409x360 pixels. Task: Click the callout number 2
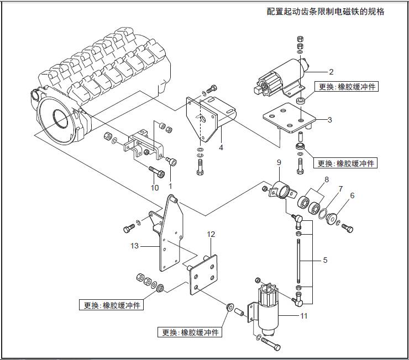point(331,72)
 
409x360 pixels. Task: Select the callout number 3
point(329,119)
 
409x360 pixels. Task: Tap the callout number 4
point(221,147)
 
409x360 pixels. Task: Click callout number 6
point(352,195)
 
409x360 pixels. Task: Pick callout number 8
point(327,179)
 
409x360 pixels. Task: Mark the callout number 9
point(279,162)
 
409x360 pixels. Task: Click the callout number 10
point(155,187)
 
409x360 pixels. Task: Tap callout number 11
point(303,316)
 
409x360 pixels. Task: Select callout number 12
point(211,234)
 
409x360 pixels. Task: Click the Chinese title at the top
point(325,12)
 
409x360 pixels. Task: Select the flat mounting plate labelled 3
point(287,118)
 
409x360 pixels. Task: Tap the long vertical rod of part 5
point(298,260)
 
